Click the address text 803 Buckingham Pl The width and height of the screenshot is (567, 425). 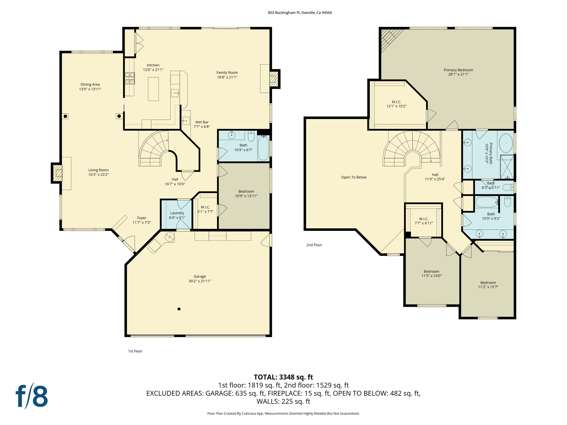point(300,12)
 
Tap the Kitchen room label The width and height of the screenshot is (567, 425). point(153,65)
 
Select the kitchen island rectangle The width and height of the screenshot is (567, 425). point(153,89)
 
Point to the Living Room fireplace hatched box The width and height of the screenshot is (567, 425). point(58,173)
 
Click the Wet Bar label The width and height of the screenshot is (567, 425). point(202,122)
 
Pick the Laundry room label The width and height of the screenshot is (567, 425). point(177,213)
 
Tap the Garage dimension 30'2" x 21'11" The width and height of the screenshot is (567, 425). point(200,281)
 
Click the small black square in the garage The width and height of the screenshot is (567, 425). point(179,309)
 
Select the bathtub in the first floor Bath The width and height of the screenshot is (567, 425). point(263,148)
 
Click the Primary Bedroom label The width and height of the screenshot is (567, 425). point(458,70)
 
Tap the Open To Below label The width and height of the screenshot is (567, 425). point(354,177)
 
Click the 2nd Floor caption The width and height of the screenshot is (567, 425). point(314,245)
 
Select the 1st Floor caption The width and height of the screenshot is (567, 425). point(135,351)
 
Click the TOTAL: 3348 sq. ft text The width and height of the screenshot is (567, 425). point(283,377)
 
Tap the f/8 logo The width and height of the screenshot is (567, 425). point(32,396)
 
